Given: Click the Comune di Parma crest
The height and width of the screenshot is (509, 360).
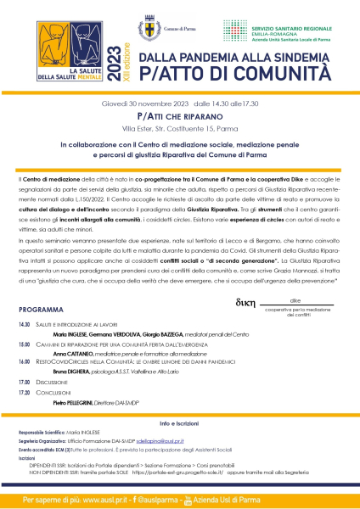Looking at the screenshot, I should pos(150,29).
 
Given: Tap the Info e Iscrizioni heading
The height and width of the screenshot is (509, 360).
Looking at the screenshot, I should pos(180,446).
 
